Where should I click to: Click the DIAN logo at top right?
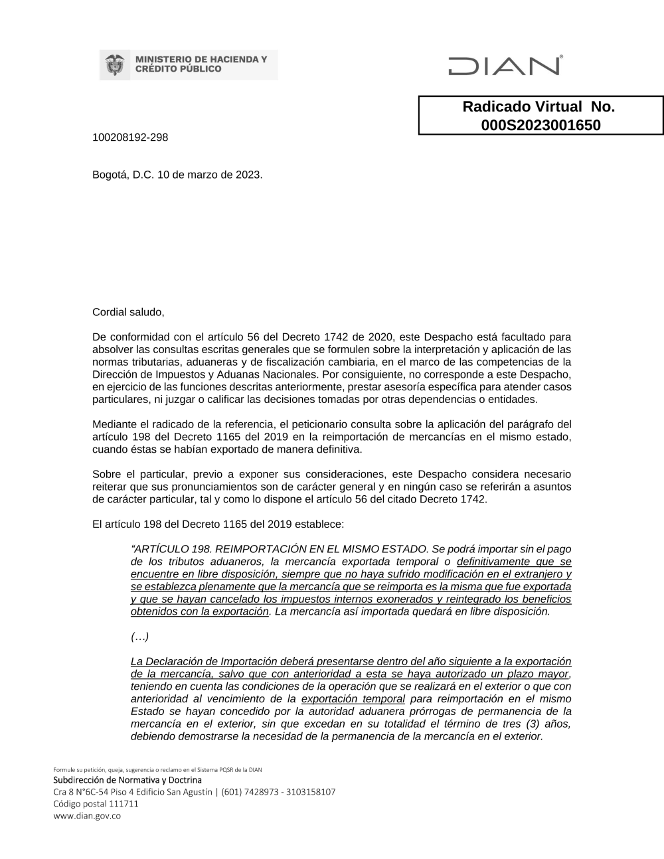pyautogui.click(x=505, y=66)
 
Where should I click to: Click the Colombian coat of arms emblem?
pyautogui.click(x=114, y=64)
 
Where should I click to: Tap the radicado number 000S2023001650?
pyautogui.click(x=540, y=125)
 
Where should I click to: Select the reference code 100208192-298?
pyautogui.click(x=130, y=137)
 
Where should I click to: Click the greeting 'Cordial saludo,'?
pyautogui.click(x=127, y=312)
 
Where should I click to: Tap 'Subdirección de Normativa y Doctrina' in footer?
pyautogui.click(x=127, y=780)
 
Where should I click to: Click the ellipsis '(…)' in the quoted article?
pyautogui.click(x=139, y=637)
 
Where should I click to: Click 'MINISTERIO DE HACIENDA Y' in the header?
pyautogui.click(x=201, y=60)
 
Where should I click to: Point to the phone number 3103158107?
pyautogui.click(x=311, y=792)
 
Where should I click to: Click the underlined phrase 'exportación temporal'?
pyautogui.click(x=353, y=699)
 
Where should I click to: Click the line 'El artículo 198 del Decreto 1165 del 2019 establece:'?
pyautogui.click(x=218, y=524)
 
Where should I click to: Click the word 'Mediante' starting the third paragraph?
pyautogui.click(x=114, y=424)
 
